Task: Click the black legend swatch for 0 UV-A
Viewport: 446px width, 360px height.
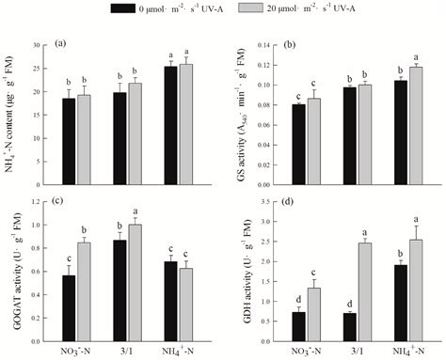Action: tap(123, 8)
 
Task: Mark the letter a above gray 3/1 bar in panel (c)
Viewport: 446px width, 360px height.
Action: tap(135, 211)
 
